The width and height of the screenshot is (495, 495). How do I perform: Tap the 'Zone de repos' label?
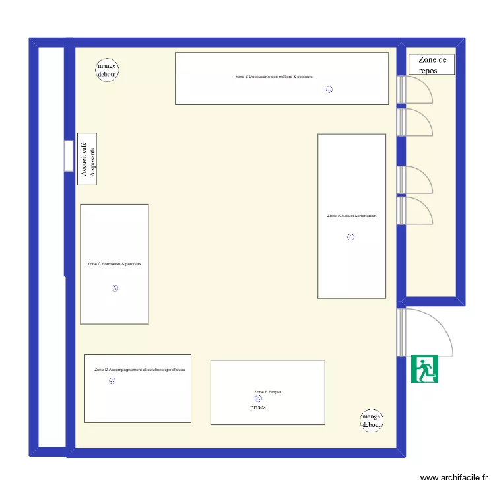click(x=433, y=65)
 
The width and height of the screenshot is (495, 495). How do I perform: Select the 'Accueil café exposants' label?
click(x=87, y=159)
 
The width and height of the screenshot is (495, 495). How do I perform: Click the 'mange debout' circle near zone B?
click(x=107, y=70)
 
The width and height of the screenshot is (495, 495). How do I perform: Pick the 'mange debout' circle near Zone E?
click(x=372, y=421)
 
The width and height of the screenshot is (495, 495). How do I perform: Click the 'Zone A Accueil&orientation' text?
click(x=352, y=216)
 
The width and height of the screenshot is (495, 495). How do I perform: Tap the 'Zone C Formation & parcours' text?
click(x=114, y=264)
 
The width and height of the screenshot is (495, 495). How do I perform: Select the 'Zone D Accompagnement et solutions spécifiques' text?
click(x=140, y=370)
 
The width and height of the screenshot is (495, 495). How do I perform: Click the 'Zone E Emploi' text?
click(x=268, y=393)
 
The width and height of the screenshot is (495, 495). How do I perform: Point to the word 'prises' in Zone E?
click(x=258, y=408)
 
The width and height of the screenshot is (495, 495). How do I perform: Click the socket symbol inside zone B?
click(x=329, y=89)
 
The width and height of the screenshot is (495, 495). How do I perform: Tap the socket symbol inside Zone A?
click(x=350, y=237)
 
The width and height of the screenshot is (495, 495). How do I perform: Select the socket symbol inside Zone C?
click(x=115, y=288)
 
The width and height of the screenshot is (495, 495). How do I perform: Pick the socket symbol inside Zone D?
click(x=112, y=382)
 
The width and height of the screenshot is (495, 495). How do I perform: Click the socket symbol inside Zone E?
click(x=258, y=399)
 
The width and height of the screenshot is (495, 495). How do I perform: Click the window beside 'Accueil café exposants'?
click(x=69, y=156)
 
